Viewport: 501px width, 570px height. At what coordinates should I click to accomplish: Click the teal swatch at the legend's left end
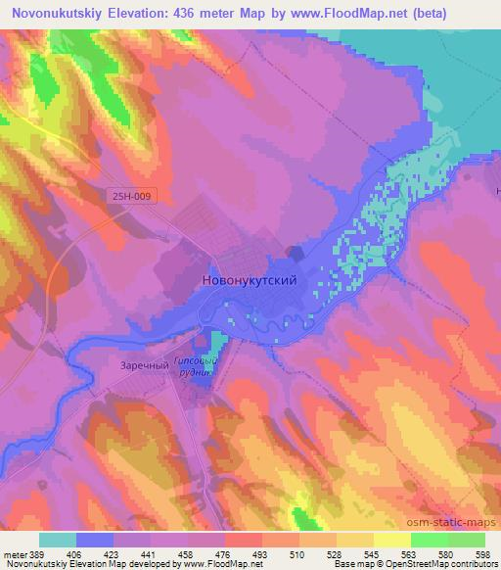coord(58,540)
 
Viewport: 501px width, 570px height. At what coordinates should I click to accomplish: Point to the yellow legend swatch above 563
coord(391,540)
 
